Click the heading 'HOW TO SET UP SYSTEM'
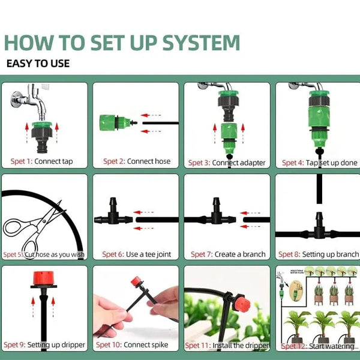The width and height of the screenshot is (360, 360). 122,43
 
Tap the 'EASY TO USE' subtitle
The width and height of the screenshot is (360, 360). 38,63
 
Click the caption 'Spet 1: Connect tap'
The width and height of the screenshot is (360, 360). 42,161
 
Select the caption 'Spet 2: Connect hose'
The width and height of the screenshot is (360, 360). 136,161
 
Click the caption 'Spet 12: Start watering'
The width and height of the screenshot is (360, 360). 318,346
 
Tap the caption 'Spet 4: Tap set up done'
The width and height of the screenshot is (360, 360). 319,163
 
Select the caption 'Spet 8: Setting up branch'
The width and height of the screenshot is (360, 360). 320,254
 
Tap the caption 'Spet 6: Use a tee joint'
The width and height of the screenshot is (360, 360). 137,254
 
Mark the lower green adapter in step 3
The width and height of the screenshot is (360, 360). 229,135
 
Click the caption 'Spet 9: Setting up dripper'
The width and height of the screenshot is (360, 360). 44,345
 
